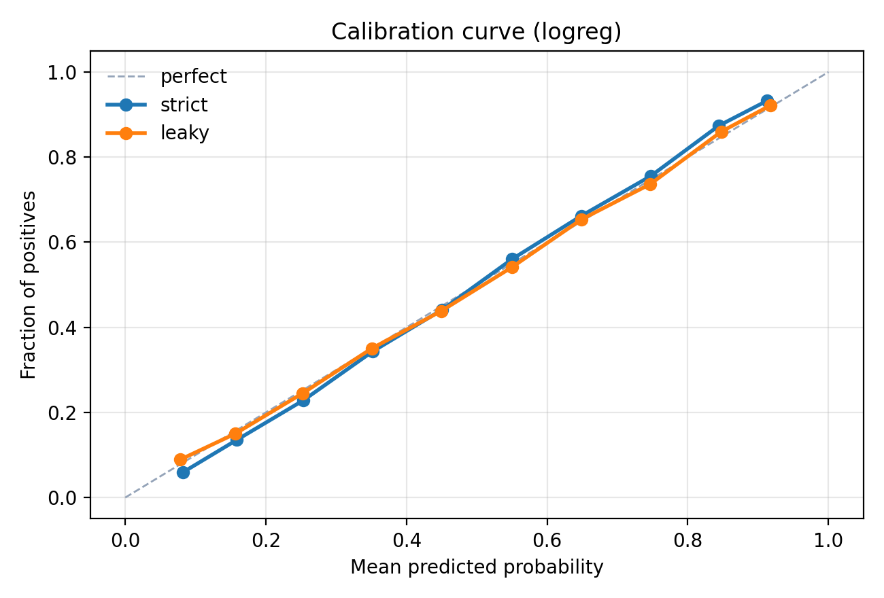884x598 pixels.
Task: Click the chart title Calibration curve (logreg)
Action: [x=476, y=32]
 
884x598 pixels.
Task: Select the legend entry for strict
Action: [x=184, y=105]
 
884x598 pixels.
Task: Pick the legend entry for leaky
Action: [x=184, y=133]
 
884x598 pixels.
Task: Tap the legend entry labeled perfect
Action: [x=193, y=77]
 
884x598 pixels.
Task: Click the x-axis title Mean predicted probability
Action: [x=476, y=567]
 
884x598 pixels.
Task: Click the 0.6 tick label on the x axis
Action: [x=547, y=541]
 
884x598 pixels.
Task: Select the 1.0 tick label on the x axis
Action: [x=828, y=541]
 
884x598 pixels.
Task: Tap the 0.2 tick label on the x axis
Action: [x=265, y=541]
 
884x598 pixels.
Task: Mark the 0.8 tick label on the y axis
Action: [x=62, y=157]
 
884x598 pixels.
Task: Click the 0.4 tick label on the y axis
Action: [x=62, y=328]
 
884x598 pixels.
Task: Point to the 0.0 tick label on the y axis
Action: [x=62, y=497]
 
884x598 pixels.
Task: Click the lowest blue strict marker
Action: [x=183, y=472]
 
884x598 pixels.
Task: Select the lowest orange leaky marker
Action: [x=180, y=459]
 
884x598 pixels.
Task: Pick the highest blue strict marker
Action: [x=767, y=101]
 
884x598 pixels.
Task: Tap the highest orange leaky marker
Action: [x=770, y=105]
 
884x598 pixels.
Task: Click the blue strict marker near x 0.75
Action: [x=651, y=176]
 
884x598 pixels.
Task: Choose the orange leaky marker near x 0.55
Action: [x=512, y=267]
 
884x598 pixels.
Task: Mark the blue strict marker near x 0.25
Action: [x=303, y=400]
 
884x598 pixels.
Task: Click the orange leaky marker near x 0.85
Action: [x=721, y=132]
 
